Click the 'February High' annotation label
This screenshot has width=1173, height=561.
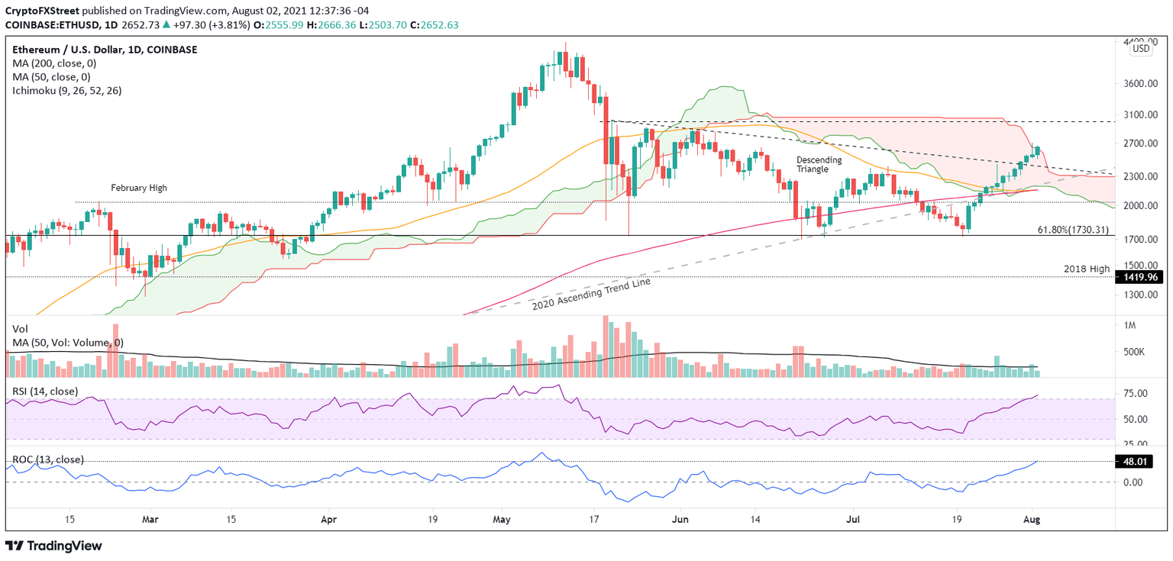click(x=138, y=187)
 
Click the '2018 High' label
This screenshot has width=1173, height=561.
click(x=1087, y=269)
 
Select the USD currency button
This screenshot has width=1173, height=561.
click(x=1140, y=49)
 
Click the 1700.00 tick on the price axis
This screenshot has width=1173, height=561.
click(x=1138, y=239)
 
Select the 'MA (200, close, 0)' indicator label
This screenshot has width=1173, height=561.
click(x=53, y=63)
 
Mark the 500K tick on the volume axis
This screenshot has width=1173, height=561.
click(x=1133, y=352)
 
